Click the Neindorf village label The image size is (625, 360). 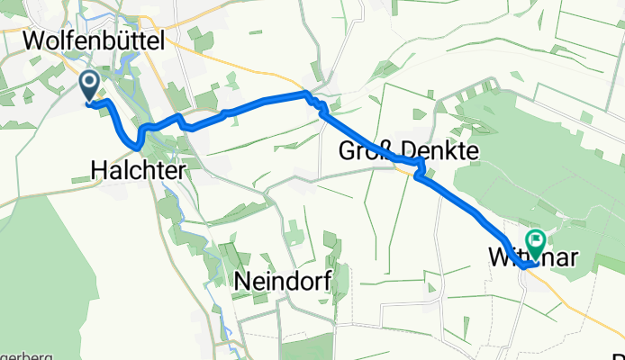[278, 281]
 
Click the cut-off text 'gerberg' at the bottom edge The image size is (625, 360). [25, 355]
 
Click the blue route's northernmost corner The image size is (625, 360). [305, 93]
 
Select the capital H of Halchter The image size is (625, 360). [99, 168]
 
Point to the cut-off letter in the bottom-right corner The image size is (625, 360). [619, 355]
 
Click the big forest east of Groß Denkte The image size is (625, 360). [531, 162]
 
